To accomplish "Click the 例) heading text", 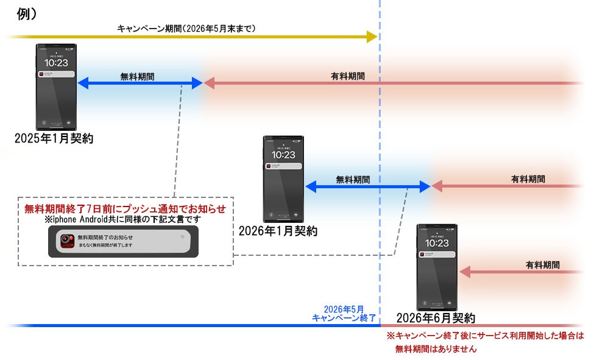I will point(26,15).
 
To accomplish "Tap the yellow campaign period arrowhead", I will point(371,37).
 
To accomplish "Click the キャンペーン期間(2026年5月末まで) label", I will point(186,28).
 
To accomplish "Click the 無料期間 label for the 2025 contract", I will point(137,77).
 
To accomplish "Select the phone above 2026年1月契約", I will point(283,178).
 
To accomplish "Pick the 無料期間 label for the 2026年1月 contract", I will point(353,180).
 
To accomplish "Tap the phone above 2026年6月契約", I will point(437,267).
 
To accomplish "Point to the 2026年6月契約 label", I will point(436,318).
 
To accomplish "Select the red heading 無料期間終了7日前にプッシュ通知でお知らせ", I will point(125,209).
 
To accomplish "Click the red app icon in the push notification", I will point(67,241).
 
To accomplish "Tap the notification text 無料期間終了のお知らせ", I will point(105,237).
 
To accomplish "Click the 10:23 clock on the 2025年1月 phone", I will point(56,62).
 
